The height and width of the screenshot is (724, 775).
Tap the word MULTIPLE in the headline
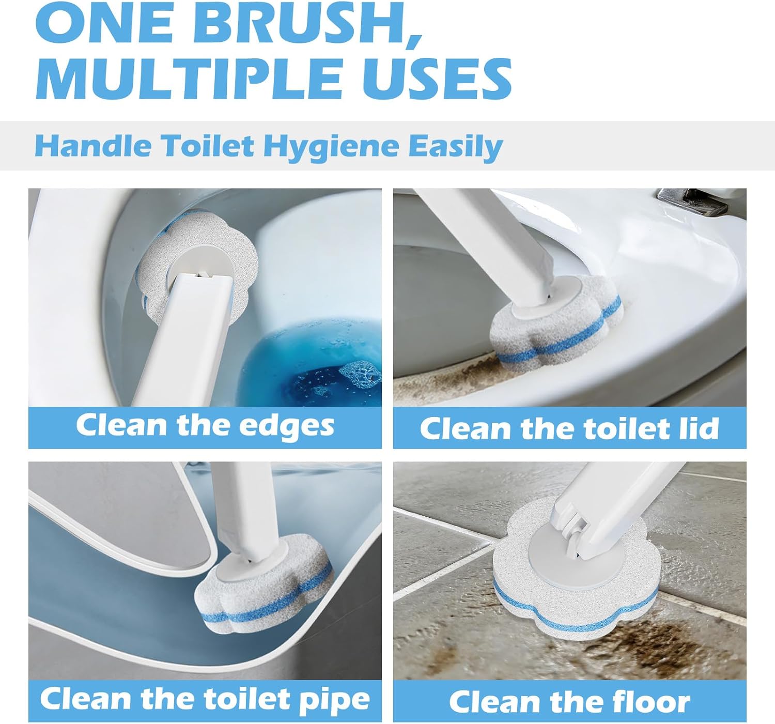pyautogui.click(x=187, y=78)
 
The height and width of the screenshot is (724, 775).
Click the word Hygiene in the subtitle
pyautogui.click(x=331, y=147)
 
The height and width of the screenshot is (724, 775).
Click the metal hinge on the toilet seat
pyautogui.click(x=682, y=199)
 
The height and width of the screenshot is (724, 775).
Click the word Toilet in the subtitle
pyautogui.click(x=207, y=147)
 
